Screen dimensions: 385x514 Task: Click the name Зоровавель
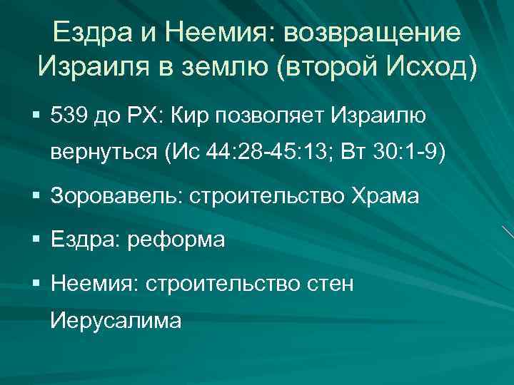click(x=114, y=197)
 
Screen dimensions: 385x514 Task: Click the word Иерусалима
click(x=116, y=322)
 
